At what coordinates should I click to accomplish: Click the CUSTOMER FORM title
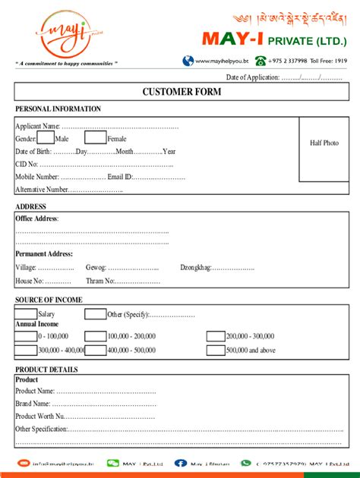(x=182, y=92)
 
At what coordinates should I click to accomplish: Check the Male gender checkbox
(x=46, y=138)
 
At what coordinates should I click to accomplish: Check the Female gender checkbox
(x=95, y=138)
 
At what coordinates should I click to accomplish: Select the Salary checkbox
(x=26, y=313)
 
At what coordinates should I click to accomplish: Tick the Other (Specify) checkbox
(x=95, y=313)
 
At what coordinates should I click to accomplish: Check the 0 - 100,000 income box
(x=26, y=336)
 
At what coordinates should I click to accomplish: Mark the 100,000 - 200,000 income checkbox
(x=95, y=336)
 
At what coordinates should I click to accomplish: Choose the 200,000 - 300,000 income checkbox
(x=216, y=336)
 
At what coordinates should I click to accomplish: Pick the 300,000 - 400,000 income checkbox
(x=26, y=350)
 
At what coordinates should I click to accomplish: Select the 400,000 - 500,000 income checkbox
(x=95, y=350)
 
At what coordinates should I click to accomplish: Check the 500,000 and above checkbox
(x=216, y=350)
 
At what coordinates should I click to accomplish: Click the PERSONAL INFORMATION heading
(x=58, y=109)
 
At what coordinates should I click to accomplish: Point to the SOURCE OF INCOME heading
(x=49, y=300)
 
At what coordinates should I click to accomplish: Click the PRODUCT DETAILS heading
(x=46, y=370)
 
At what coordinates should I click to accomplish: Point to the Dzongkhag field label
(x=196, y=267)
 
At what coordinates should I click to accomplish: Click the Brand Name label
(x=33, y=404)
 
